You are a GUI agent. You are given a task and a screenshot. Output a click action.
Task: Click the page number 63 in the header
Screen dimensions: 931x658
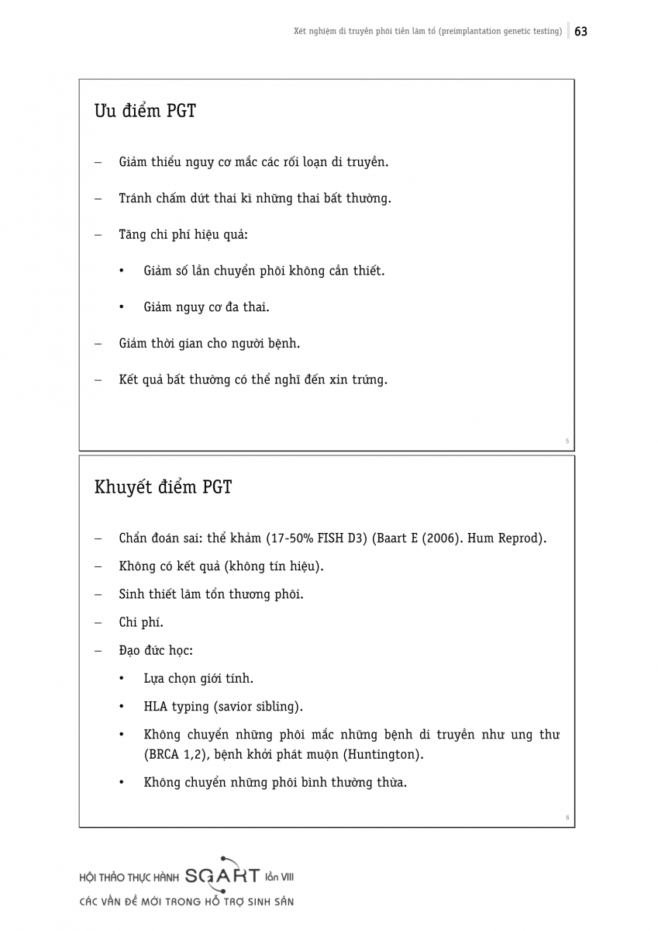(581, 32)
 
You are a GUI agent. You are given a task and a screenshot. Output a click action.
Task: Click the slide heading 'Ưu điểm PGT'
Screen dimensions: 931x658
(145, 111)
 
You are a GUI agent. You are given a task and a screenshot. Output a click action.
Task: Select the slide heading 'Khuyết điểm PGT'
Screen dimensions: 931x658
(163, 487)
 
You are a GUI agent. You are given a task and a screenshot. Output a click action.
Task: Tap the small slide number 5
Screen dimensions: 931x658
(567, 441)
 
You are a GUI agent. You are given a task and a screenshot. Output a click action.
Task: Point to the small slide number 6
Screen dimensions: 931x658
(567, 817)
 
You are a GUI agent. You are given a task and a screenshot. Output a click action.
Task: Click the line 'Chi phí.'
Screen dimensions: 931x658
(141, 622)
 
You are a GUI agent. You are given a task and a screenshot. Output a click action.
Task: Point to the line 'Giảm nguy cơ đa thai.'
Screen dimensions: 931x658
(206, 307)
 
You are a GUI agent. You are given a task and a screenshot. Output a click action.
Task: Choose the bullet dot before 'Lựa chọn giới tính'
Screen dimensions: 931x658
(122, 679)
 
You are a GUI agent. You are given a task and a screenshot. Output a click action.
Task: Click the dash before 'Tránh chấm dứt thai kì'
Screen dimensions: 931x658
(98, 199)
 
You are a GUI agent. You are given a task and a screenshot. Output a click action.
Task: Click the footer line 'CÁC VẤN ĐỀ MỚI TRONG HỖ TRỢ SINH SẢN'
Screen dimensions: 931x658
(187, 902)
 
